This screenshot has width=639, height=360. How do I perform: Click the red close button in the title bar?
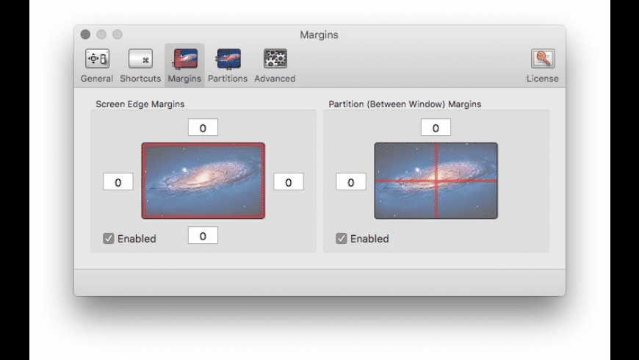point(85,35)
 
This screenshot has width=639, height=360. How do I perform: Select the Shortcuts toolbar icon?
point(140,59)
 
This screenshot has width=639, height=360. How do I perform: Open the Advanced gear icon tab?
point(275,59)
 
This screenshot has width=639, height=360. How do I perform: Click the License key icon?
point(543,59)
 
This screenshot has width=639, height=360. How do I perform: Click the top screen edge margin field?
point(203,128)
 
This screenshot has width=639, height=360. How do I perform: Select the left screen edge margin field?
point(118,181)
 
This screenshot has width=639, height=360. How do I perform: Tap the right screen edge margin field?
point(289,181)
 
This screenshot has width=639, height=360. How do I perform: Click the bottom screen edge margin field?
point(203,236)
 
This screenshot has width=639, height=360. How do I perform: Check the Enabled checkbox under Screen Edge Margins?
point(109,239)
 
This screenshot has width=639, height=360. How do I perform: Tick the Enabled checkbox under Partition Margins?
point(342,239)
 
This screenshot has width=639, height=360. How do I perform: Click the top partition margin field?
point(436,128)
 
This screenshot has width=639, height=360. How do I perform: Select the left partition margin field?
point(351,181)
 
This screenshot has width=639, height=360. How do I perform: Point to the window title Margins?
point(319,35)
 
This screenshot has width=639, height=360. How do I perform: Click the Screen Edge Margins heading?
point(140,104)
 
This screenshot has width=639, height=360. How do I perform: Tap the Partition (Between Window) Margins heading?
point(405,104)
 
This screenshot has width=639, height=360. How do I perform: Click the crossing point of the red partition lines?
point(436,181)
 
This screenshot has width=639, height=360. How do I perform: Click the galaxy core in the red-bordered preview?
point(203,177)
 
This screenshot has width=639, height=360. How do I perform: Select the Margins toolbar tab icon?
point(185,59)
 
